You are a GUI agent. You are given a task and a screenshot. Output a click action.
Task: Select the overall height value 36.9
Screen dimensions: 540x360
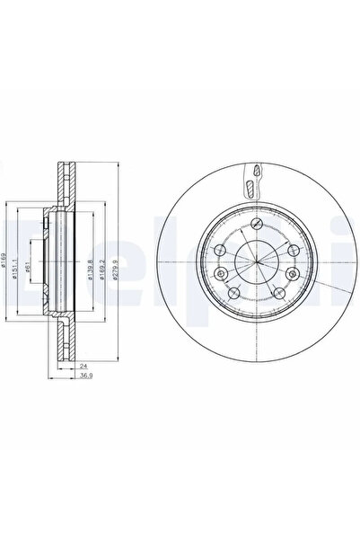tap(84, 380)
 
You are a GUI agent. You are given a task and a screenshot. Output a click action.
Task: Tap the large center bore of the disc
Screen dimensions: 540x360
tap(256, 261)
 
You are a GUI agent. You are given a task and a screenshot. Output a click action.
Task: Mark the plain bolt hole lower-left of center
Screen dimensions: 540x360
tap(233, 294)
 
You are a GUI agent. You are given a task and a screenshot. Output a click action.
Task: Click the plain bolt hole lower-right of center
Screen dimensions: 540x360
tap(279, 294)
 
